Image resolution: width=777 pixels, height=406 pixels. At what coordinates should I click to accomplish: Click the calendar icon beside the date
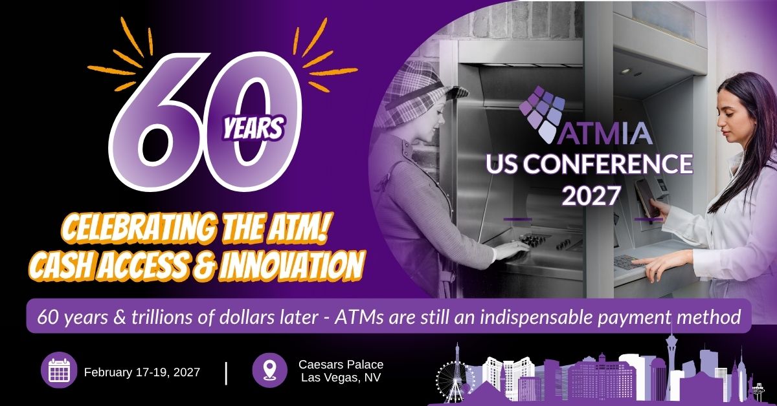[x=59, y=370]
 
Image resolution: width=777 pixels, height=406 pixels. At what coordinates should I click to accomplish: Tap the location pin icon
[x=269, y=370]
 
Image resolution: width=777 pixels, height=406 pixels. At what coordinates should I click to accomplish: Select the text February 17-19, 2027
[x=142, y=372]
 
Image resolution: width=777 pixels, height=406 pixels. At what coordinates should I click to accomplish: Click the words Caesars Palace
[x=341, y=365]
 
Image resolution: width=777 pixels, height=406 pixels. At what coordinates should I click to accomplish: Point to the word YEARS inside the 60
[x=254, y=129]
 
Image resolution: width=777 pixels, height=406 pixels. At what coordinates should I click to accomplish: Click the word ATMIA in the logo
[x=605, y=134]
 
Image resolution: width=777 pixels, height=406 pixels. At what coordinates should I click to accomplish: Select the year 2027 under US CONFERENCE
[x=591, y=195]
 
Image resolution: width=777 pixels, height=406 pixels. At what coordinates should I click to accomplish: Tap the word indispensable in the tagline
[x=537, y=317]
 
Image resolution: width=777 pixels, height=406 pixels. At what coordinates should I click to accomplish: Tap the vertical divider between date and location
[x=226, y=374]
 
